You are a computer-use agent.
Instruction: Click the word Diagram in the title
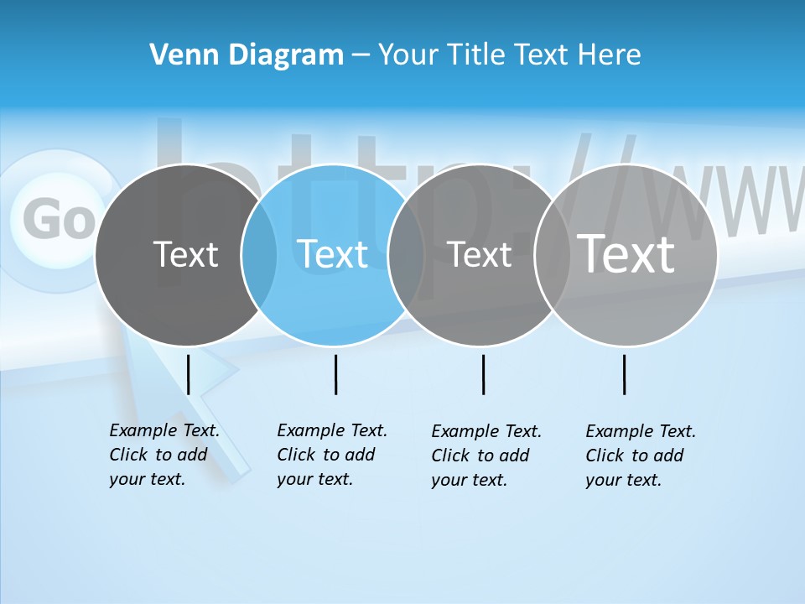pos(285,55)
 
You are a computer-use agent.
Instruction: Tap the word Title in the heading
pos(475,55)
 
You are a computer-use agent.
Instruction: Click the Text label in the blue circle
pos(333,254)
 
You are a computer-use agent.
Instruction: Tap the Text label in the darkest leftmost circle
pos(185,254)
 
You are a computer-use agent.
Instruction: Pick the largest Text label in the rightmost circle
pos(626,253)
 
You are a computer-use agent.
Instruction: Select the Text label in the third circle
pos(480,255)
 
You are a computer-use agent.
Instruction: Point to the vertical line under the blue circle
pos(335,374)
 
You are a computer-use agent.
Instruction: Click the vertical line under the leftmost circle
pos(189,374)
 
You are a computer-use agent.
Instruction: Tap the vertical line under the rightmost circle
pos(625,374)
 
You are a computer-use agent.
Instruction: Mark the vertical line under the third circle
pos(483,374)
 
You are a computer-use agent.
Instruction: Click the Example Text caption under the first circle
pos(164,455)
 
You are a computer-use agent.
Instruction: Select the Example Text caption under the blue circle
pos(331,455)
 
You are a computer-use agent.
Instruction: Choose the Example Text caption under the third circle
pos(486,456)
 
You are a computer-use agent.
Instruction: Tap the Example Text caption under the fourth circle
pos(640,456)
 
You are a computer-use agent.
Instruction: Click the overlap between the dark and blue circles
pos(259,255)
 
